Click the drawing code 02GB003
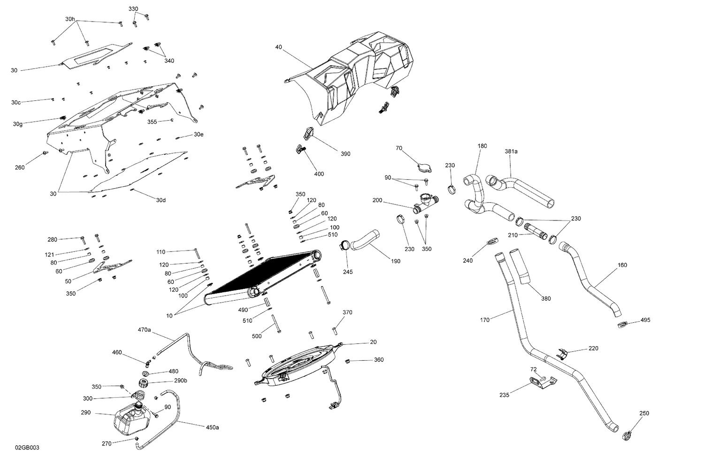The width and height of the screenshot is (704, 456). point(27,448)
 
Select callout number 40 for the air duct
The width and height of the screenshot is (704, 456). point(279,47)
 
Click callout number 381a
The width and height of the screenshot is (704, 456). point(511,152)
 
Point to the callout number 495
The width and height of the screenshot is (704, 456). point(645,320)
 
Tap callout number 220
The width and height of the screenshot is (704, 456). point(593,349)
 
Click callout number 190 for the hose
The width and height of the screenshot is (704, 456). point(395,261)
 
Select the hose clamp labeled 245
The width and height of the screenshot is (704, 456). point(344,245)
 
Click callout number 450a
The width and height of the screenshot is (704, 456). point(212,427)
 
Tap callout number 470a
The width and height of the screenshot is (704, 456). point(144,330)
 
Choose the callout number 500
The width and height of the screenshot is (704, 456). point(257,336)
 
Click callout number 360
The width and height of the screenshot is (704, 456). point(378,360)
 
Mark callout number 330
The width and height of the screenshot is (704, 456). point(133,9)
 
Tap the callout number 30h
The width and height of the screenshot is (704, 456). point(70,19)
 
